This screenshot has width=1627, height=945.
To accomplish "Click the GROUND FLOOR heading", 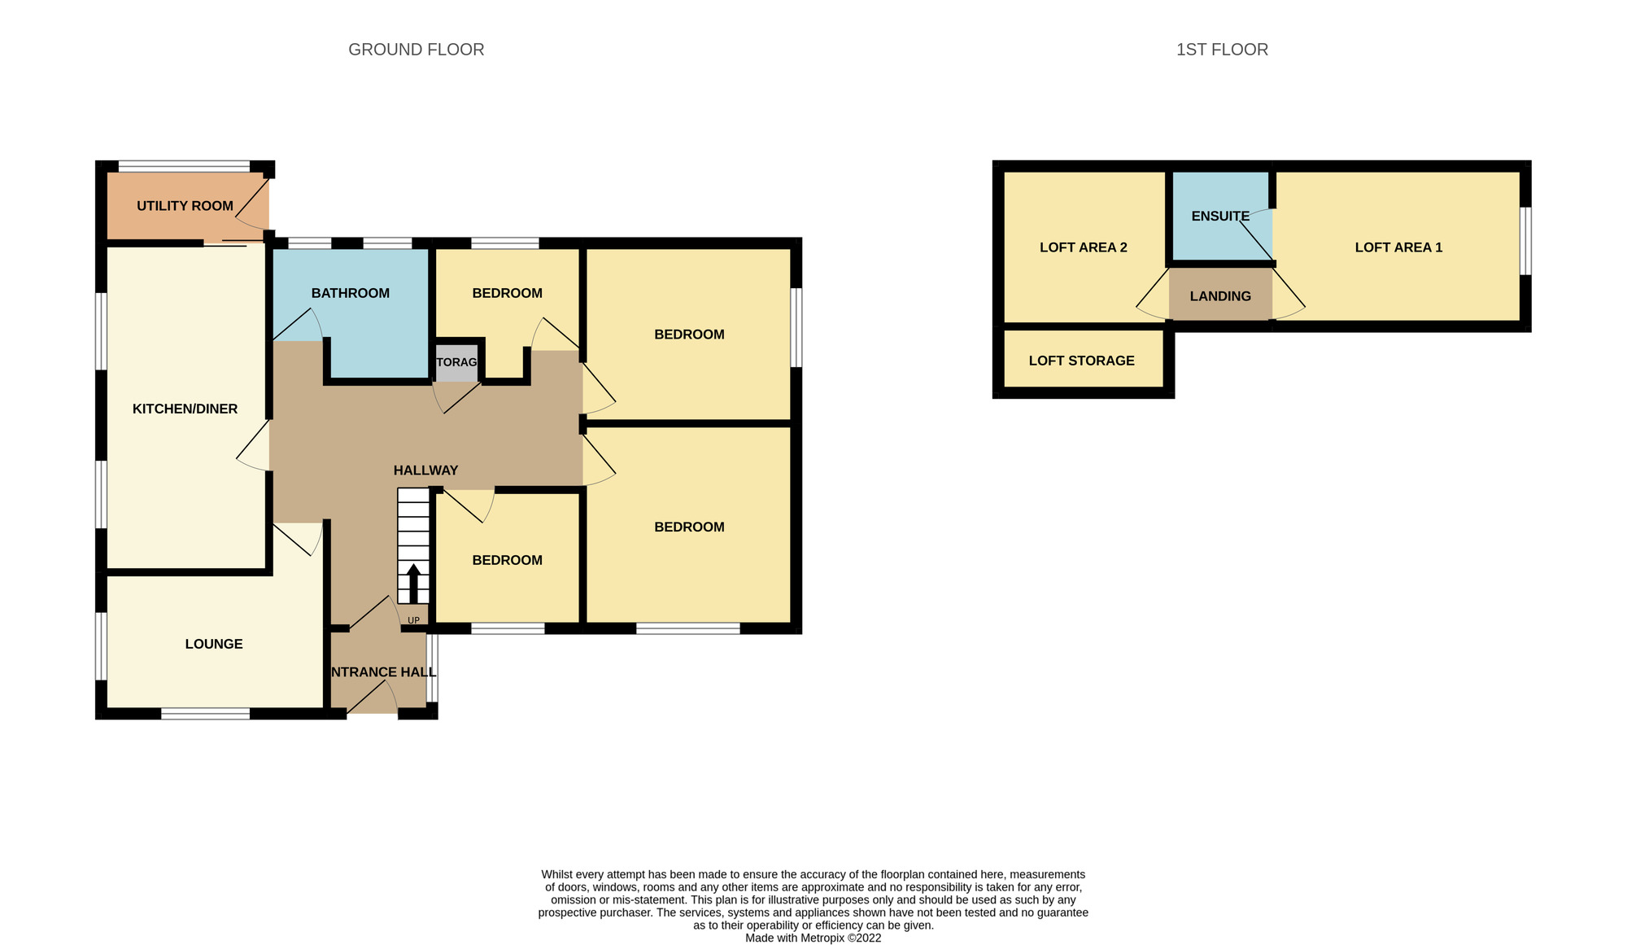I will click(x=416, y=50).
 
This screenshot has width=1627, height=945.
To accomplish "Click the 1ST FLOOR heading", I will click(x=1221, y=50).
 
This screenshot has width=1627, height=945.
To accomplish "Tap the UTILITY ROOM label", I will click(x=185, y=206).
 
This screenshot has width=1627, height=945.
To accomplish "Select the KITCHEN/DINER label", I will click(x=185, y=409).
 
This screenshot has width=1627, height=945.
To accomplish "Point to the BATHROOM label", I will click(x=350, y=293).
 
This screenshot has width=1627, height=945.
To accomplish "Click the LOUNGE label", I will click(x=213, y=644).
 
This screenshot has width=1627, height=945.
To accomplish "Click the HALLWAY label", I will click(x=425, y=470).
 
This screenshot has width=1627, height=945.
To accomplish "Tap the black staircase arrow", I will click(x=413, y=583).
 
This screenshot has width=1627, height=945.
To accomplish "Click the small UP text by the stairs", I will click(x=413, y=620).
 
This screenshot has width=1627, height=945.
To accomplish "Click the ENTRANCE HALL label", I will click(x=382, y=672).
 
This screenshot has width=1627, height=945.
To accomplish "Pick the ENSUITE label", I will click(x=1219, y=216).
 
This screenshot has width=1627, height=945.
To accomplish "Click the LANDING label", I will click(x=1219, y=295).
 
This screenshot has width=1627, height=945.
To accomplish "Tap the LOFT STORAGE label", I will click(x=1081, y=361).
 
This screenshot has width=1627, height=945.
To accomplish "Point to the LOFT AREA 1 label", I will click(x=1398, y=247).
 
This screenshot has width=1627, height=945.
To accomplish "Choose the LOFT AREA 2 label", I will click(x=1083, y=247).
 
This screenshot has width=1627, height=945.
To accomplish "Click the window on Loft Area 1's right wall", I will click(x=1526, y=241).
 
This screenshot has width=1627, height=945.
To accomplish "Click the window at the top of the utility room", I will click(x=184, y=167).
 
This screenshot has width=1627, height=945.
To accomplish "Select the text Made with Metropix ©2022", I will click(x=813, y=938).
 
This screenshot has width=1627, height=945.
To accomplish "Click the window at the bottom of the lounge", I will click(x=205, y=714).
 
